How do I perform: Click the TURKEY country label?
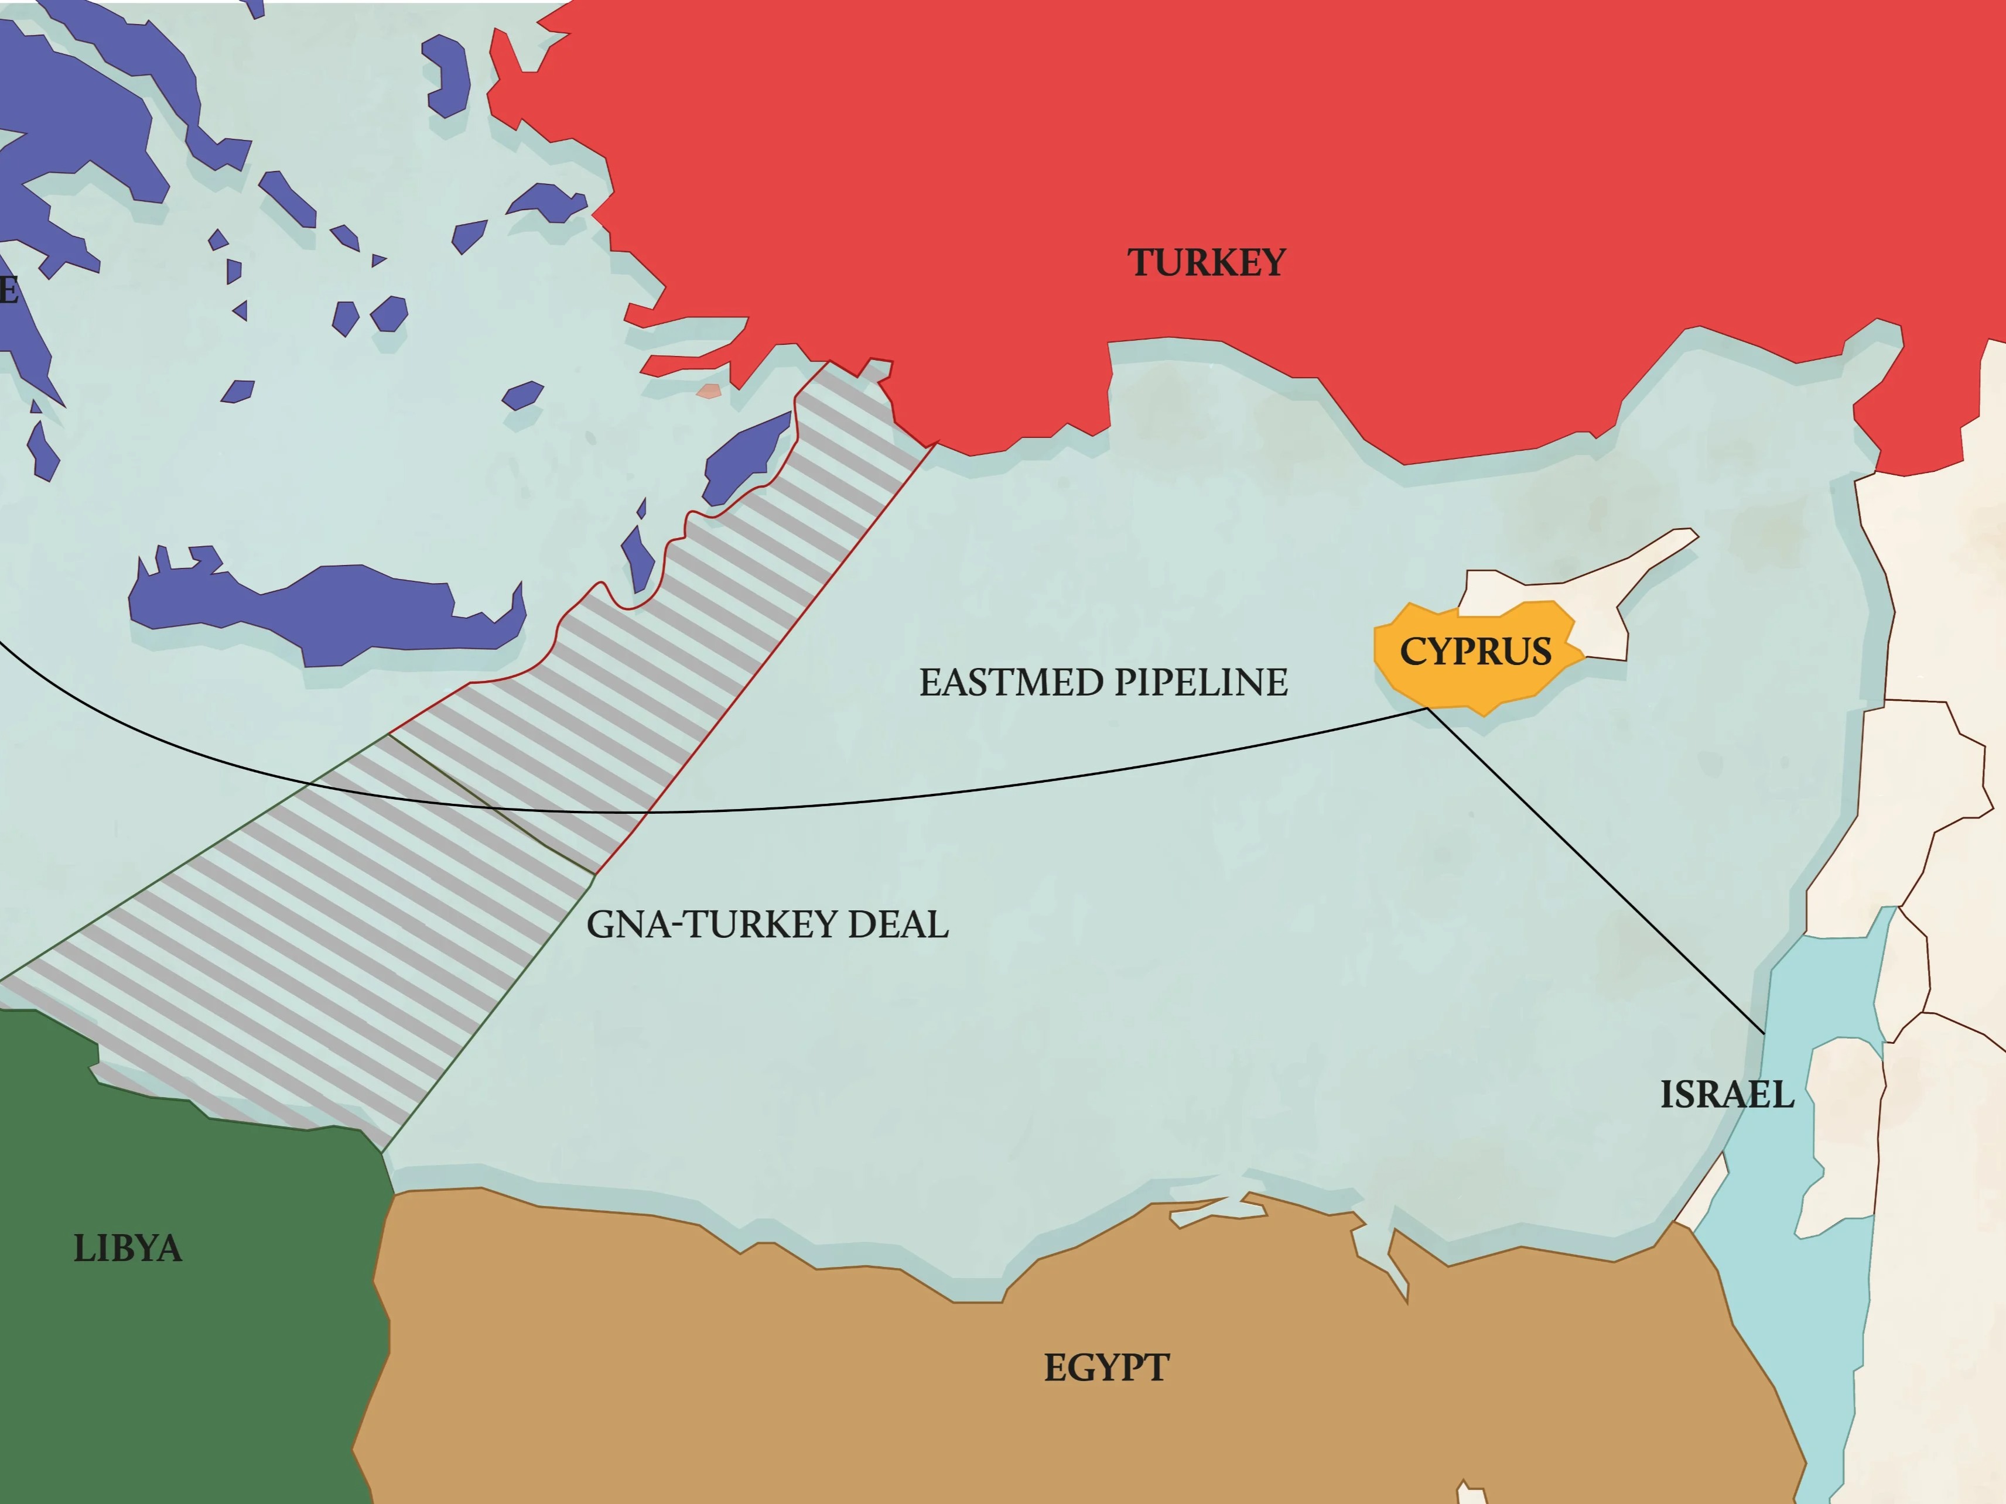[x=1206, y=263]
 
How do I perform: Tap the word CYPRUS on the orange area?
[x=1475, y=652]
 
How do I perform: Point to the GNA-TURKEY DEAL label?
[x=767, y=924]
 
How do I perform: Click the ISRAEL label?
[x=1727, y=1094]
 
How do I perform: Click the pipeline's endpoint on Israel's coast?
[x=1764, y=1033]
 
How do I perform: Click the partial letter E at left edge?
[x=7, y=290]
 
